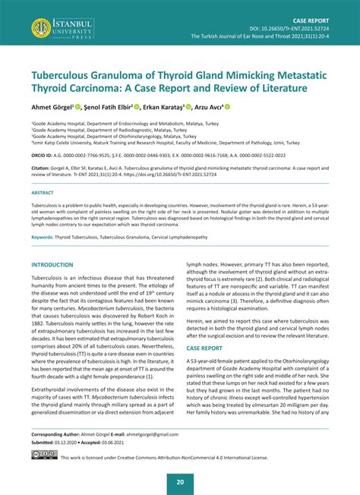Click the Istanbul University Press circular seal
click(x=42, y=29)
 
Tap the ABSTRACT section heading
click(x=43, y=192)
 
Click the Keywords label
click(x=45, y=238)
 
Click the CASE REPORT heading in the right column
click(x=205, y=348)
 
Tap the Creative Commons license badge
click(x=43, y=457)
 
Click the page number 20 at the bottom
click(x=180, y=481)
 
